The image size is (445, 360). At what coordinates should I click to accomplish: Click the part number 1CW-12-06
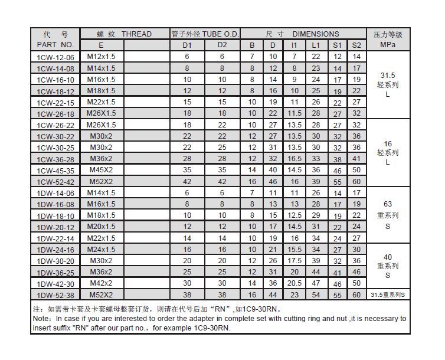[56, 57]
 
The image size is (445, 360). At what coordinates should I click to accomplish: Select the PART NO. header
[55, 45]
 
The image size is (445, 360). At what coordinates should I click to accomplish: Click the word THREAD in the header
[136, 34]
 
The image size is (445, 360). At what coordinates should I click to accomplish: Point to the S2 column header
[356, 45]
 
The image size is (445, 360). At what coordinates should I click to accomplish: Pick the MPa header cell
[387, 45]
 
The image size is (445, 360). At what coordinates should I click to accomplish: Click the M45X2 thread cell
[102, 170]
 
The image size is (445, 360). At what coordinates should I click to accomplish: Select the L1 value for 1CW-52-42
[316, 182]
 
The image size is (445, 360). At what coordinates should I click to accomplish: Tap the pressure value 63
[387, 204]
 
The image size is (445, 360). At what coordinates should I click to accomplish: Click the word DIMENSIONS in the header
[316, 34]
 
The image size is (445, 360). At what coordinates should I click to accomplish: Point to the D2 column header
[222, 45]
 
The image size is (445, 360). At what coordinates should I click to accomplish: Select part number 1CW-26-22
[56, 125]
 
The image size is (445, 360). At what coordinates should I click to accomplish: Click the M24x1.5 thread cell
[102, 250]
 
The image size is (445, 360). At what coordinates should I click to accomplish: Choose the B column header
[252, 45]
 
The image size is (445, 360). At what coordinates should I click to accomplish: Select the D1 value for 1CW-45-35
[187, 170]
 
